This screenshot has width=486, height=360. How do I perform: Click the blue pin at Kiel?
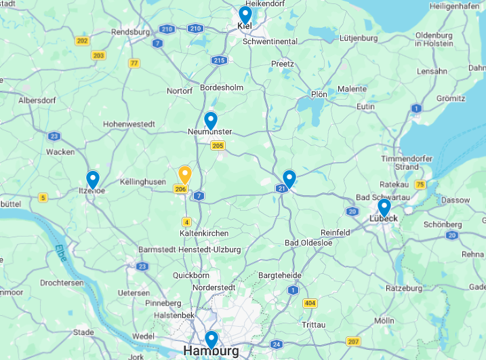coord(245,14)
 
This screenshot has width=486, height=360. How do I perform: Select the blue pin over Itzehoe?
coord(93,179)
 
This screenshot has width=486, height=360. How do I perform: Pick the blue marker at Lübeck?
coord(384,207)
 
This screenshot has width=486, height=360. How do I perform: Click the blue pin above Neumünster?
coord(210,121)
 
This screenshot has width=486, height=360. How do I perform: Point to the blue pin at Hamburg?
coord(211,339)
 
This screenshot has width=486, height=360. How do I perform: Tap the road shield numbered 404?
coord(310,303)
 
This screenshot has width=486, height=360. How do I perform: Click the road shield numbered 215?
coord(218,60)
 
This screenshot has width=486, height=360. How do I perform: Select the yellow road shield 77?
coord(134,63)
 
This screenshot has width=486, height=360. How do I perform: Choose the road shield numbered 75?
coord(420,184)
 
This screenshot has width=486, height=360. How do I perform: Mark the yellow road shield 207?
coord(352,341)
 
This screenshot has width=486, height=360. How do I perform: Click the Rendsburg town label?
coord(130,31)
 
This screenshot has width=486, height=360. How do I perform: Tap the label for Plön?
coord(319,94)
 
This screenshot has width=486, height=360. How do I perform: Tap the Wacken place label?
coord(60,152)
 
